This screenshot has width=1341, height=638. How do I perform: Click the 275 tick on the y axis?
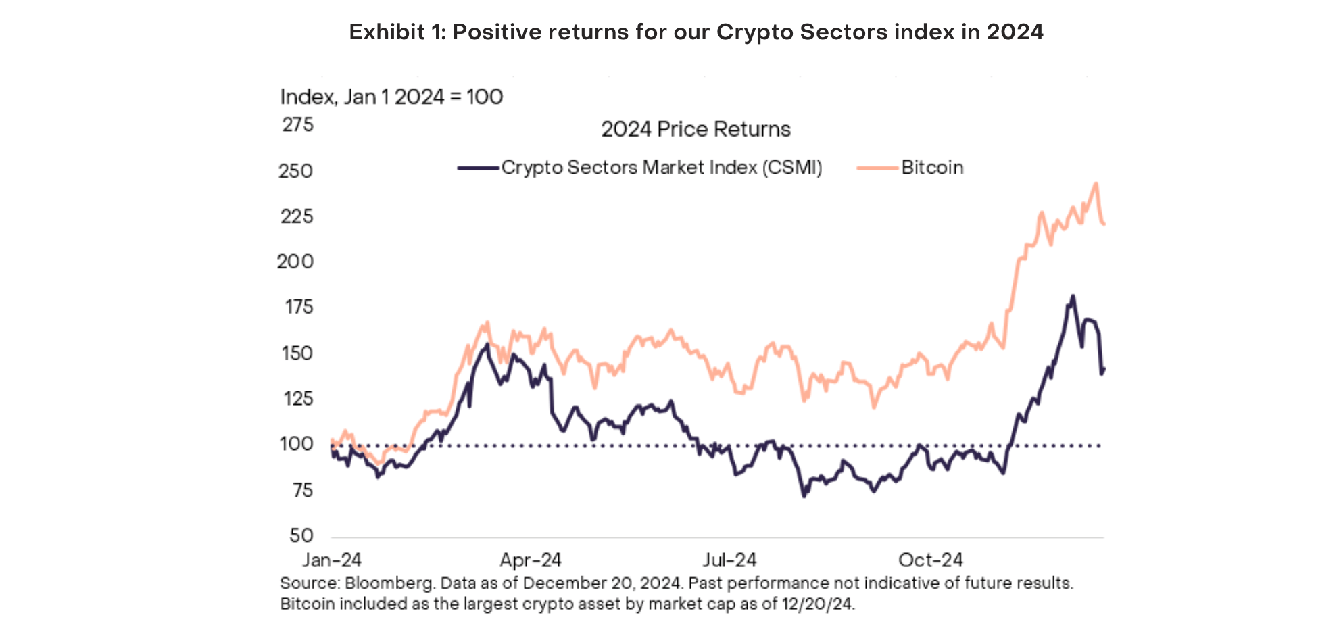pos(297,125)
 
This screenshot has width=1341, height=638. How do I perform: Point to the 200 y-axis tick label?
pos(295,262)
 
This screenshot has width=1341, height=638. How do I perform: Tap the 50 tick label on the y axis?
pos(301,535)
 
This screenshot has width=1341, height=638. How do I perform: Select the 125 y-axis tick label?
pos(298,398)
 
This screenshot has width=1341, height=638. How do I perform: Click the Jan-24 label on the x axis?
pos(331,560)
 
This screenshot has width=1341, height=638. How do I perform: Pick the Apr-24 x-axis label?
pos(531,560)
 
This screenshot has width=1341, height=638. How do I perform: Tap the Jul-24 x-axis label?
pos(729,560)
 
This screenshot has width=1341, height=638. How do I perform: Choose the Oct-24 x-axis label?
pos(930,560)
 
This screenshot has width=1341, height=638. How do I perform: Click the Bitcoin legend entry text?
pos(932,168)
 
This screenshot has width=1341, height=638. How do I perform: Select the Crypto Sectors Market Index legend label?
pos(661,168)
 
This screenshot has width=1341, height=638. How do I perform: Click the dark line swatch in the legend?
pos(479,168)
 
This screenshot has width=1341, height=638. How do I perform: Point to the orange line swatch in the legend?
pos(877,168)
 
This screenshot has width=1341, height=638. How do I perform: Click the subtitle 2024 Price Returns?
pos(696,129)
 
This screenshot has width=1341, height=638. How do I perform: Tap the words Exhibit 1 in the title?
pos(397,32)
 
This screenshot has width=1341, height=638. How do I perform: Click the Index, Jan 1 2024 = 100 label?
pos(391,97)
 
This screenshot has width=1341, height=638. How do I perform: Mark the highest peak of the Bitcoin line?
pos(1096,183)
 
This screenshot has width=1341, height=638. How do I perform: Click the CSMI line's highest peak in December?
pos(1072,296)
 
